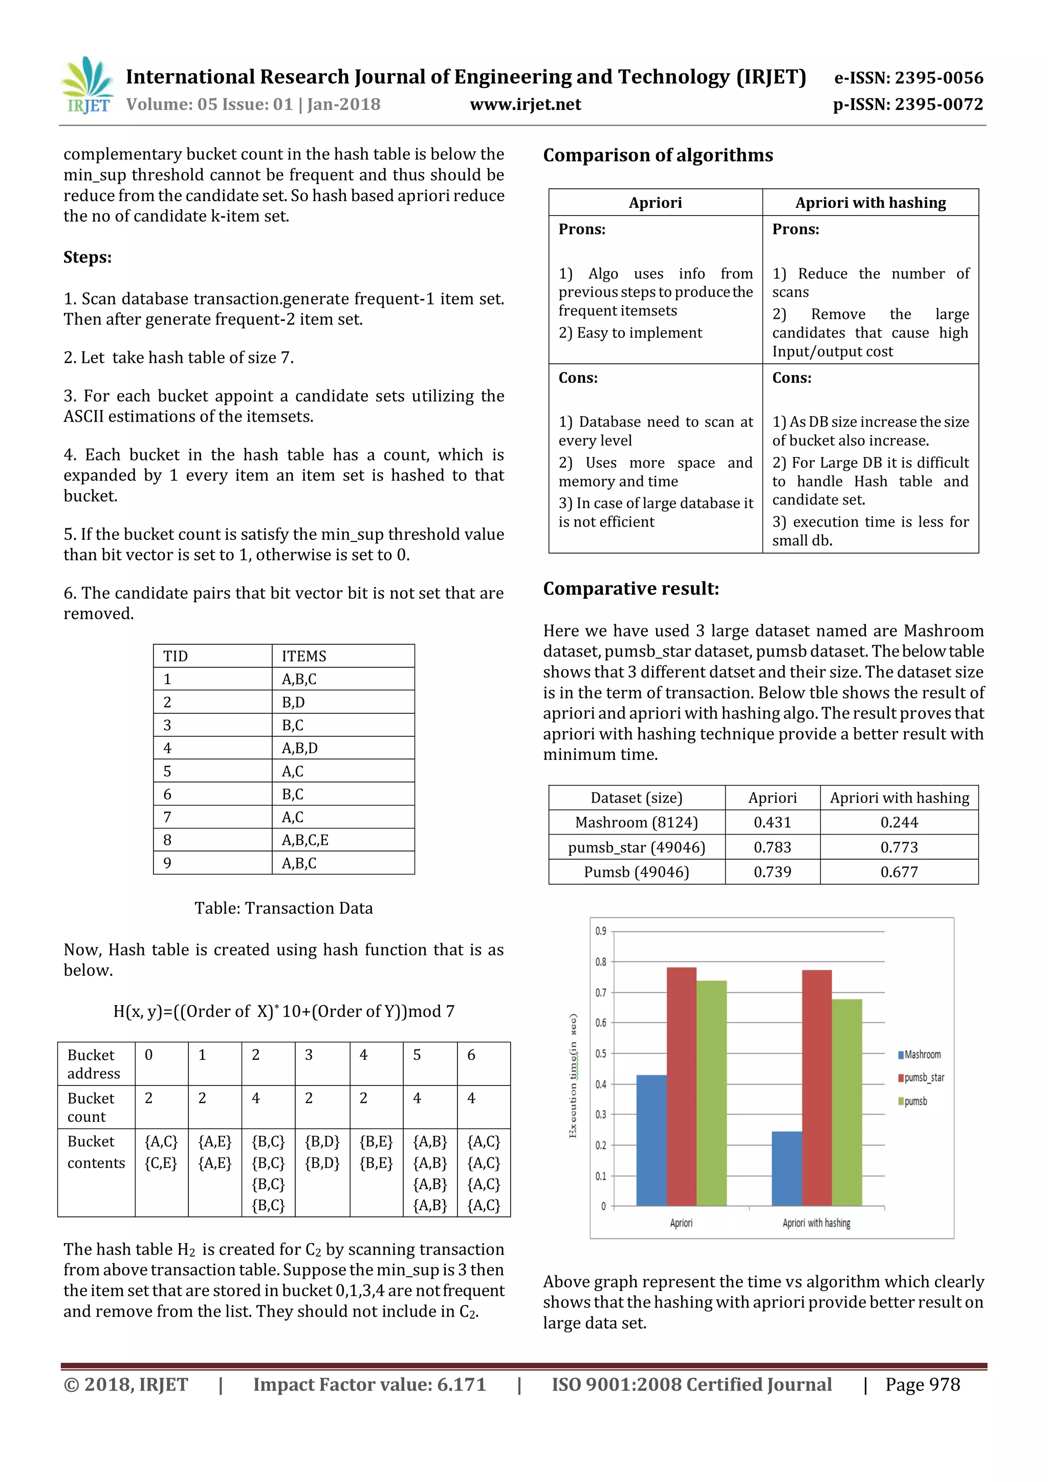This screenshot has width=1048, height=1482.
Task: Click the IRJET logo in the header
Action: pos(87,86)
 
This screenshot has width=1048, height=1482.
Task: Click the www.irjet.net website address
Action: pos(526,104)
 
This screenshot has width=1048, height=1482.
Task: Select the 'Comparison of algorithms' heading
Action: pos(658,155)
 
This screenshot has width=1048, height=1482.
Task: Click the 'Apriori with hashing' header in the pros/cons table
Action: pos(870,203)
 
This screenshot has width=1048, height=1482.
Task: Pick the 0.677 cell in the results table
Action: pos(899,872)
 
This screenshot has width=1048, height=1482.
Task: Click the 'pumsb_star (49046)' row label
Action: pos(636,847)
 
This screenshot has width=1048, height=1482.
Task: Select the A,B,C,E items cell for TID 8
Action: pos(304,840)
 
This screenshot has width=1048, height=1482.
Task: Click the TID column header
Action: pos(176,657)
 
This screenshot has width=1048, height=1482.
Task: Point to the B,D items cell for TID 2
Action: pos(293,702)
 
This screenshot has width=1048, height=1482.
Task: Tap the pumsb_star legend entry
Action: pos(924,1078)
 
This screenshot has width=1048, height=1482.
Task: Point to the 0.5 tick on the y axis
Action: pos(601,1053)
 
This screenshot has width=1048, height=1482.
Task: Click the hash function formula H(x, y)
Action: pos(284,1011)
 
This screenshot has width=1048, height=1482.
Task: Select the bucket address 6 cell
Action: pos(471,1055)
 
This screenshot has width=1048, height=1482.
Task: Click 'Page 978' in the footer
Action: pos(922,1385)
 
